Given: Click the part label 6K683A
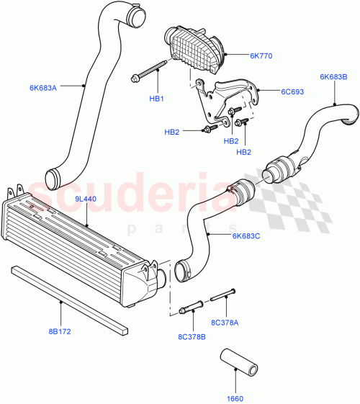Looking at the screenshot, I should [x=43, y=87].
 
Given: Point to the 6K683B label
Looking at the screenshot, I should [x=334, y=76].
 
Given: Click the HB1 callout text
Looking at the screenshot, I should [x=157, y=99].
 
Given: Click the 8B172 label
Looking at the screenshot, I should [x=60, y=333].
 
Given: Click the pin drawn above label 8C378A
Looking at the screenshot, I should [x=224, y=295].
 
